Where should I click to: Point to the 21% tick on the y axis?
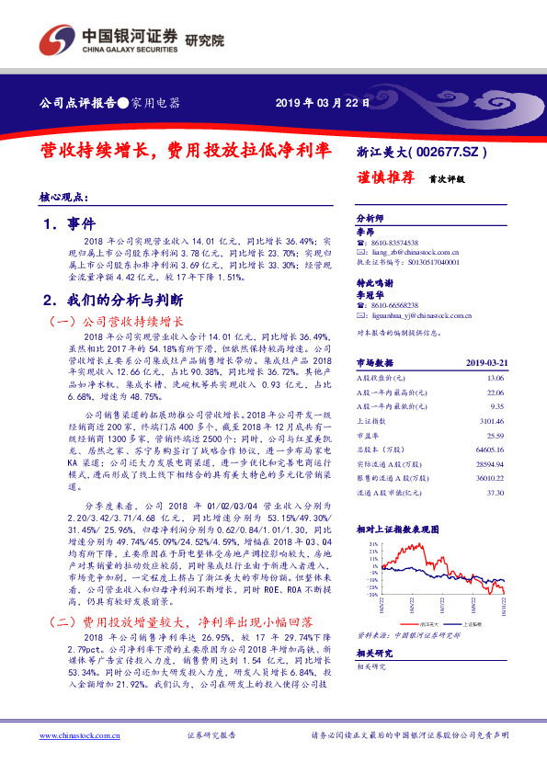click(x=372, y=545)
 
